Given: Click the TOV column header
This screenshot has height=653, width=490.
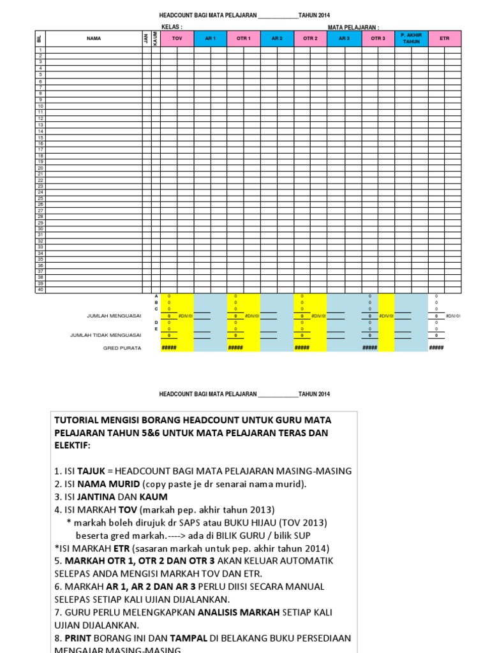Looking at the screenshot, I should point(177,38).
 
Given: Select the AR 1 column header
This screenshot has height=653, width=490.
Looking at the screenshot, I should point(210,38).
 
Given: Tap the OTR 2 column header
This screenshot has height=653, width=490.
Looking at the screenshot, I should point(310,38).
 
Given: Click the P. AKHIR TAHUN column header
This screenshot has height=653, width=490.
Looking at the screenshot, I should point(412,38).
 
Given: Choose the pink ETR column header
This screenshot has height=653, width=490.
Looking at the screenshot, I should point(445,38).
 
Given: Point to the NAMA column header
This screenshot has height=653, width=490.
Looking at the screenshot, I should point(94,38).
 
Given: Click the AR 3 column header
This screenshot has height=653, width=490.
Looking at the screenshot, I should point(344,38).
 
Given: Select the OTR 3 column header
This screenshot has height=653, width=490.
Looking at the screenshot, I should point(378,38).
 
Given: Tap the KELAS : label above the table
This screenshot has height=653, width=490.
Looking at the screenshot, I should point(172,27).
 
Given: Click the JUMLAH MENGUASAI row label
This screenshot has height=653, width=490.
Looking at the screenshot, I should point(114,316).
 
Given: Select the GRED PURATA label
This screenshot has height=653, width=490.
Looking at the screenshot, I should point(122,348).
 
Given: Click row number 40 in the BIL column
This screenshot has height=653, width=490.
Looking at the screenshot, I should point(40,290).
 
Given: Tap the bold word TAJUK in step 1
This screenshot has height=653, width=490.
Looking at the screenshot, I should point(91,471).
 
